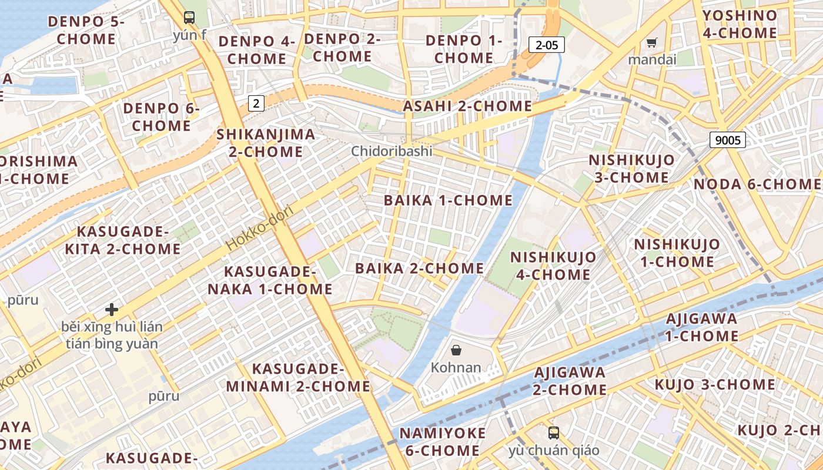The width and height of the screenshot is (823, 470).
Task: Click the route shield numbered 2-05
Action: point(547,44)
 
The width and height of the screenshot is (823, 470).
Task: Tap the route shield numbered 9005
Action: point(728,140)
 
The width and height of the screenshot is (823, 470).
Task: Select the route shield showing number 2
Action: point(256,103)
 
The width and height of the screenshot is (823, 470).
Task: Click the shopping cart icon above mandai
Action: point(651,42)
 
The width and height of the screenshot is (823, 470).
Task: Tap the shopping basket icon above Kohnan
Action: point(456,351)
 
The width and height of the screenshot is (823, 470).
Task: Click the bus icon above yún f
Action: point(189,17)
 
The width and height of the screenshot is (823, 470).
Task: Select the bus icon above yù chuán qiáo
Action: point(553,433)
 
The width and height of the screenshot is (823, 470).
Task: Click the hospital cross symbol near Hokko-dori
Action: point(112,309)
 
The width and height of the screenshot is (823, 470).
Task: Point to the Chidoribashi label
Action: point(392,151)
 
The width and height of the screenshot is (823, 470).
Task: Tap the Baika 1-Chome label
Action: point(448,200)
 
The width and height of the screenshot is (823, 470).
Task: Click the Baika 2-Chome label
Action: point(419,268)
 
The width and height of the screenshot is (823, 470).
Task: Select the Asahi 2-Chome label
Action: point(467,106)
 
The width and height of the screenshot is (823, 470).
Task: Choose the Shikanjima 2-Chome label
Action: point(266,143)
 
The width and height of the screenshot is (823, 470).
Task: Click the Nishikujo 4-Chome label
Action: point(553,266)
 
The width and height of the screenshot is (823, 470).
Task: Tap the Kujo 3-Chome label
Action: point(715,384)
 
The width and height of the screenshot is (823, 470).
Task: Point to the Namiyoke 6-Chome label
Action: point(442,442)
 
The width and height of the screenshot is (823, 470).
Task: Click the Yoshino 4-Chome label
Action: point(740,24)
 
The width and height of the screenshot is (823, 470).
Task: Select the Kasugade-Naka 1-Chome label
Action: point(270,280)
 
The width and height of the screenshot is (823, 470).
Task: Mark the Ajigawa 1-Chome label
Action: point(701,327)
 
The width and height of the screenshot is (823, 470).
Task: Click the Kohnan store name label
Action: point(456,368)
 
